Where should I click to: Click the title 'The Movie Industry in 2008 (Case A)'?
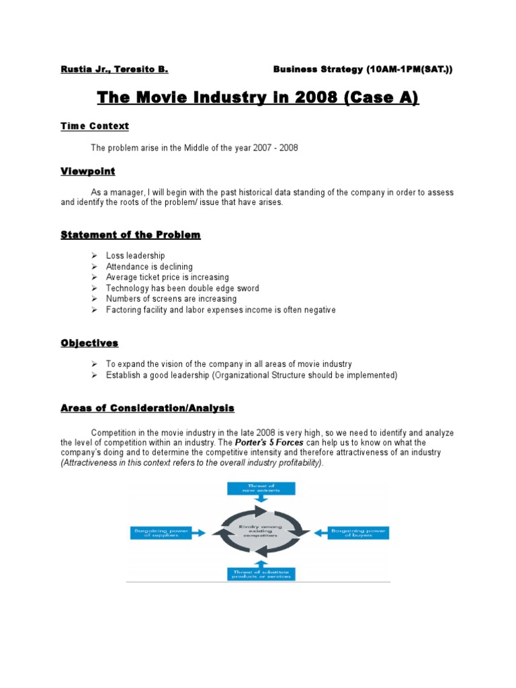point(258,99)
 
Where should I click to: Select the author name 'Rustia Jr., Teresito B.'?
point(114,69)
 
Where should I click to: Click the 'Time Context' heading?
point(94,126)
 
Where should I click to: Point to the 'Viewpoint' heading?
point(87,171)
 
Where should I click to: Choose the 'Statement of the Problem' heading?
point(130,234)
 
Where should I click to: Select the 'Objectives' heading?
point(89,343)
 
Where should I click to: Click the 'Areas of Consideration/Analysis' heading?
point(147,408)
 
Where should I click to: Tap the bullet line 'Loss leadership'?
point(135,255)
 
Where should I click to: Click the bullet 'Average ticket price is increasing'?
point(167,277)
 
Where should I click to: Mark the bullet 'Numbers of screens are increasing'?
point(171,298)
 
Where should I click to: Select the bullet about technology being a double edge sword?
point(182,288)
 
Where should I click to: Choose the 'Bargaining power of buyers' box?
point(359,533)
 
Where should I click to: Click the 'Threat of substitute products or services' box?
point(257,573)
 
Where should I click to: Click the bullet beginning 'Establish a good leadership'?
point(251,375)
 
